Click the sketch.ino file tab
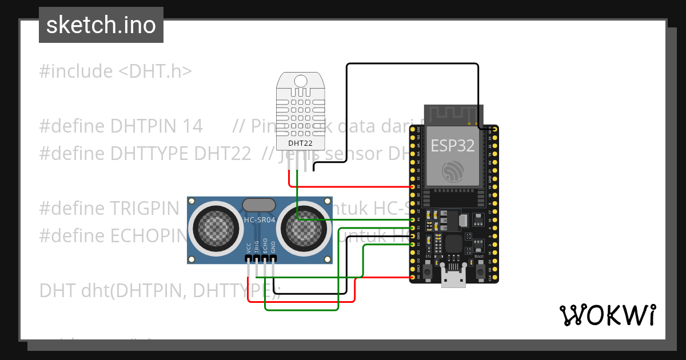point(101,25)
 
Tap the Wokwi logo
point(607,315)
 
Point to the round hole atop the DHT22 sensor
point(300,81)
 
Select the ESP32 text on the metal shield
point(452,145)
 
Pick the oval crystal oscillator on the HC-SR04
point(260,205)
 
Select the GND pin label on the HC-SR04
point(273,247)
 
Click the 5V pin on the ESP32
point(413,278)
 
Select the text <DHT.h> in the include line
point(155,71)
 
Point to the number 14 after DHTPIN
point(193,126)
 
